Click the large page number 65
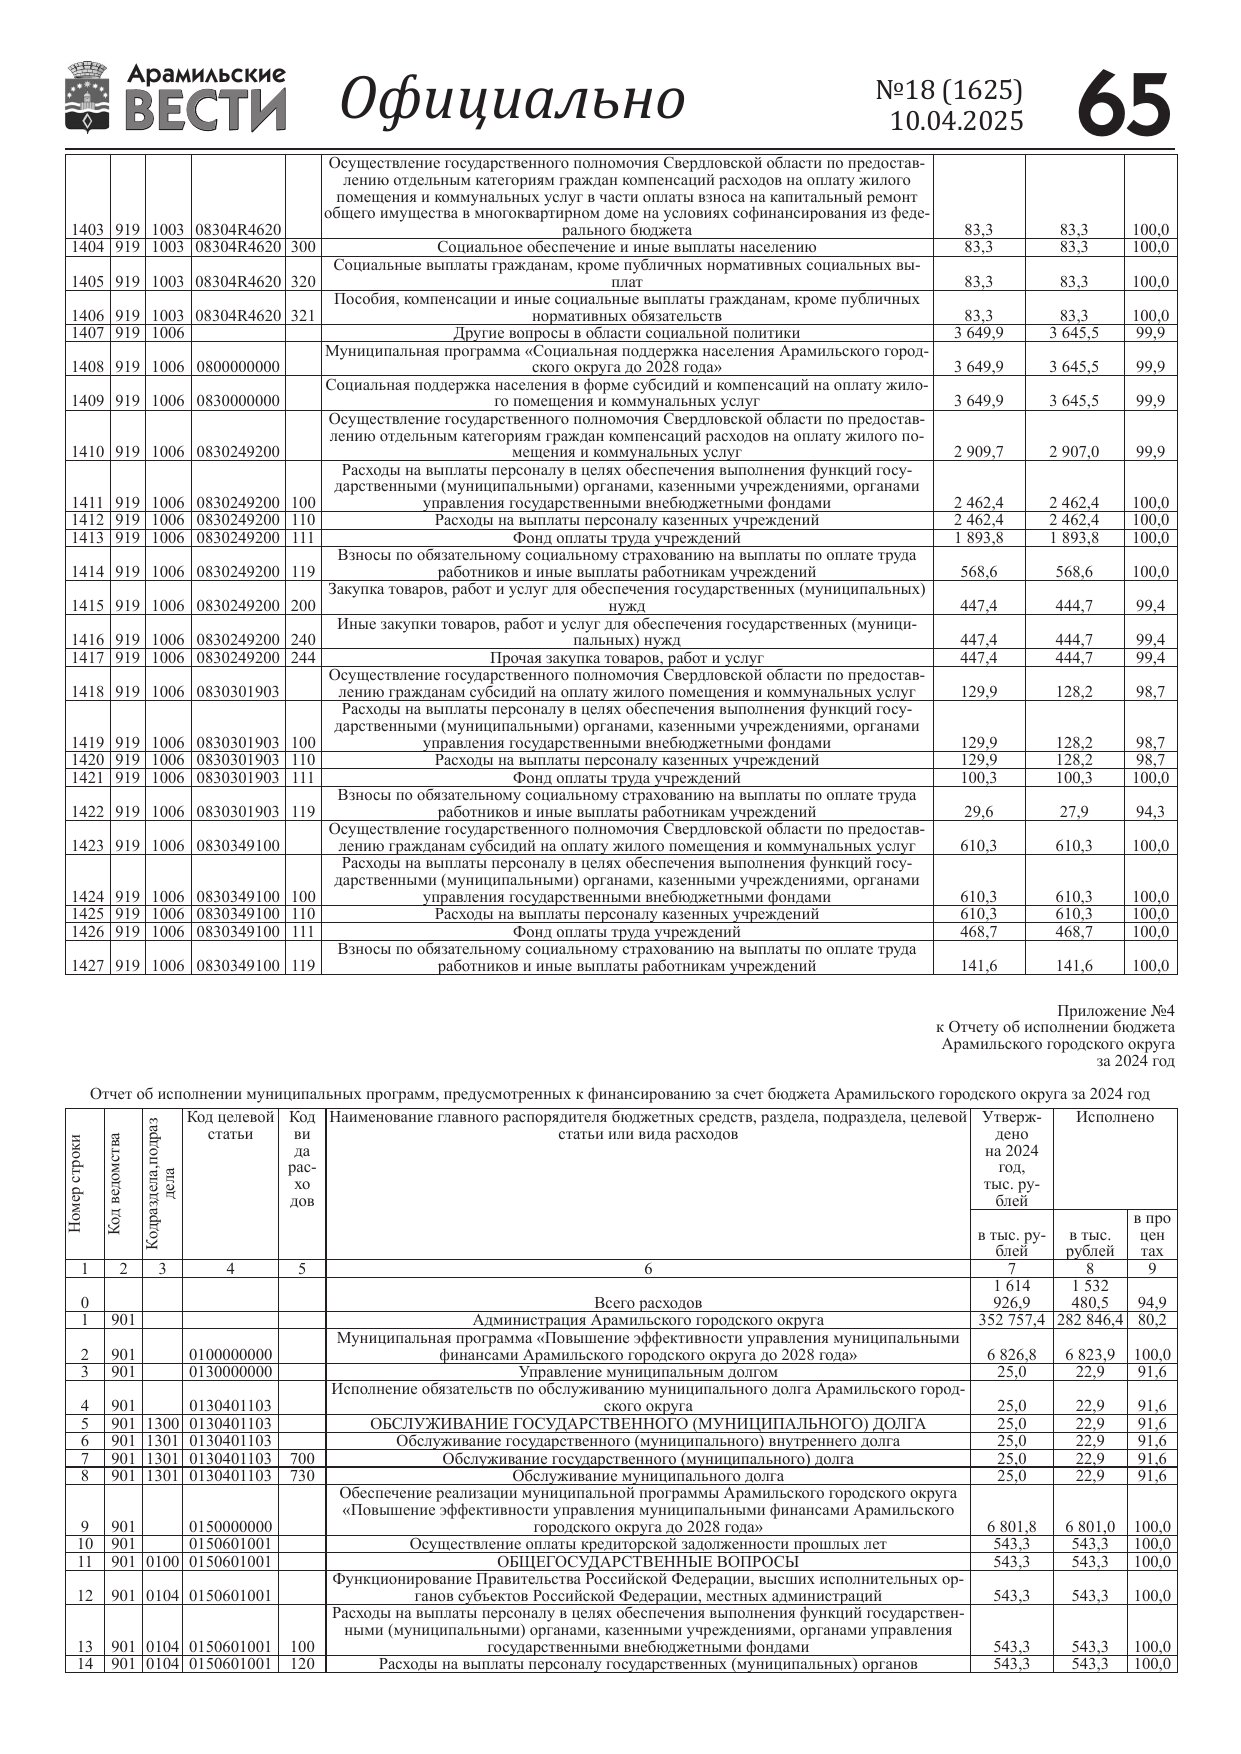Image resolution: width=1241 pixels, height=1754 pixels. point(1124,103)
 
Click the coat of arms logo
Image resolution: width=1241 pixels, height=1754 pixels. point(87,97)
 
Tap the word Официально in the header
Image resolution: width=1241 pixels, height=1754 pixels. point(513,99)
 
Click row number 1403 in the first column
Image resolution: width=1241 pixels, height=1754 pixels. point(87,230)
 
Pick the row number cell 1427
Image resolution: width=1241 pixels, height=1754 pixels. point(87,966)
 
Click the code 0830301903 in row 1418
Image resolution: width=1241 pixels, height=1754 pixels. point(238,692)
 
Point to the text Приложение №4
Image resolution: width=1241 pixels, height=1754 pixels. point(1115,1011)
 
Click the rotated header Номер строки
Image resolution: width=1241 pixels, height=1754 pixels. point(76,1183)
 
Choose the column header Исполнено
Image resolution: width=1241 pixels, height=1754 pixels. point(1114,1117)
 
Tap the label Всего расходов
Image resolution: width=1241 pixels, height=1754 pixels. point(647,1303)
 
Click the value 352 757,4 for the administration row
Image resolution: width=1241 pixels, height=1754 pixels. point(1012,1320)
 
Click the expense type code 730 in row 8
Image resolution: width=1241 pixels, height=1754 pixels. point(302,1476)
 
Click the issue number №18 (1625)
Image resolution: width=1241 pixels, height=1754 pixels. point(949,91)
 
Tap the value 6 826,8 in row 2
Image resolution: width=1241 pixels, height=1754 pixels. point(1012,1355)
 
